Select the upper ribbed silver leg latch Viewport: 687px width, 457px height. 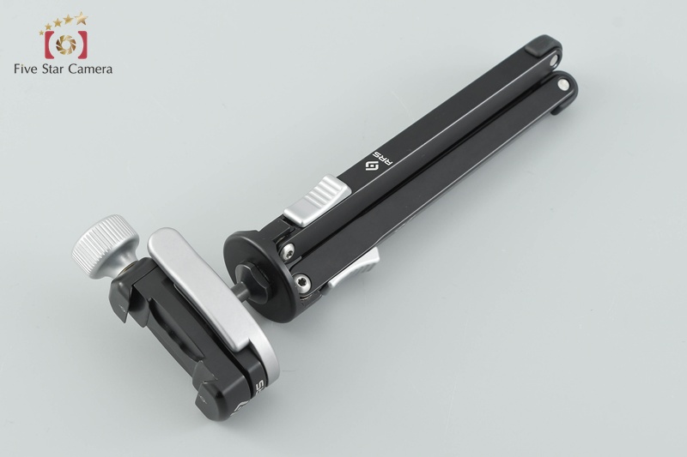317,201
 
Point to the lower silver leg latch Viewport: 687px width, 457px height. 354,268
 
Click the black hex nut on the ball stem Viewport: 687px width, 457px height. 252,275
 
